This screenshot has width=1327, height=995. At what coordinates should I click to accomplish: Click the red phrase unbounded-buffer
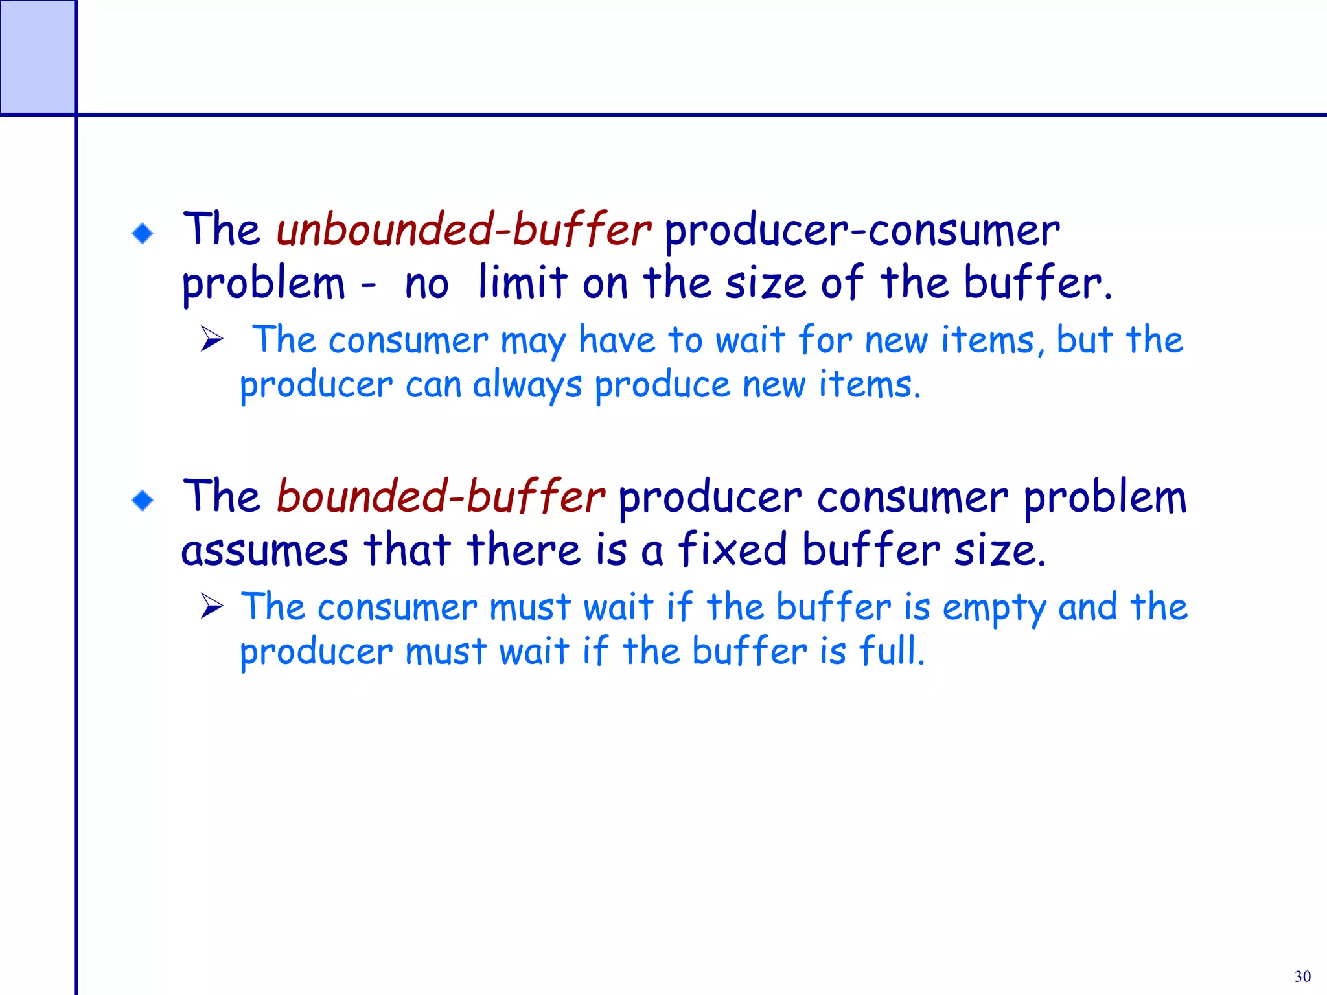click(463, 230)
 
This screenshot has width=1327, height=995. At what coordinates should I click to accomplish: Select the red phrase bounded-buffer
click(441, 497)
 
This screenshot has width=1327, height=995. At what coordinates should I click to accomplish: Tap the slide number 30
click(1302, 976)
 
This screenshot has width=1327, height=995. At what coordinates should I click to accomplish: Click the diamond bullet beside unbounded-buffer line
click(143, 233)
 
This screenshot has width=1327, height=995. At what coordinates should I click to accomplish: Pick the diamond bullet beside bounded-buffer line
click(143, 500)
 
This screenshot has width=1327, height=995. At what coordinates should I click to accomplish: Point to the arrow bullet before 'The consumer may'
click(212, 339)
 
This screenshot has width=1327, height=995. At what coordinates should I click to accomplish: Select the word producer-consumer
click(862, 231)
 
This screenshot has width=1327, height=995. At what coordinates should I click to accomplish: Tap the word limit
click(522, 283)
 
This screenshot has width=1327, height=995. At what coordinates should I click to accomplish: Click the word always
click(527, 385)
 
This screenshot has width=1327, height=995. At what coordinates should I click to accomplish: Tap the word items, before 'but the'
click(992, 340)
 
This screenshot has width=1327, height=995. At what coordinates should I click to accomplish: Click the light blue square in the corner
click(37, 57)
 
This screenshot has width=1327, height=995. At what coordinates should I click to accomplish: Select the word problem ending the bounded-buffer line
click(1105, 499)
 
